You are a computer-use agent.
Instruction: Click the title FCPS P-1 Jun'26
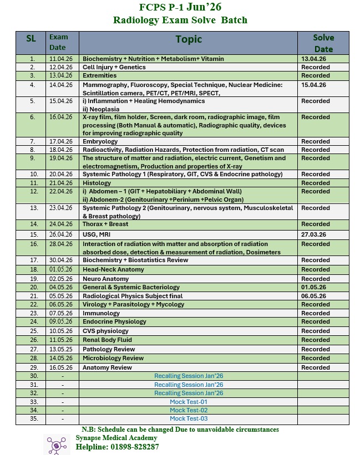tap(180, 8)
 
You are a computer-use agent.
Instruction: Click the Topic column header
tap(189, 39)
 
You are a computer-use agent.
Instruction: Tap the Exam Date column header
tap(59, 42)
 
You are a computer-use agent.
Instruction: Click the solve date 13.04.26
tap(314, 58)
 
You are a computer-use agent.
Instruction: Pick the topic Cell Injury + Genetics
tap(114, 67)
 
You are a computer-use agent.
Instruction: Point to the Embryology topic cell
tap(100, 141)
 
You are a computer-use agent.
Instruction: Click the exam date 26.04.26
tap(61, 234)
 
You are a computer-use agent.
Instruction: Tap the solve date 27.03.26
tap(314, 234)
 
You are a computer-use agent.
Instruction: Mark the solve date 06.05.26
tap(314, 296)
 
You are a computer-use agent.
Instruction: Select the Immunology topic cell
tap(102, 313)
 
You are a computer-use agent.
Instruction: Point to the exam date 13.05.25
tap(61, 349)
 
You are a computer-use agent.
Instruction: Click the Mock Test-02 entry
tap(189, 410)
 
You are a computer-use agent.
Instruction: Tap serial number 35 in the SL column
tap(32, 419)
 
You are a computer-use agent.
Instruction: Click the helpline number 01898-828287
tap(117, 447)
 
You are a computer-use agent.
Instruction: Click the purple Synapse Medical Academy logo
tap(57, 444)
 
